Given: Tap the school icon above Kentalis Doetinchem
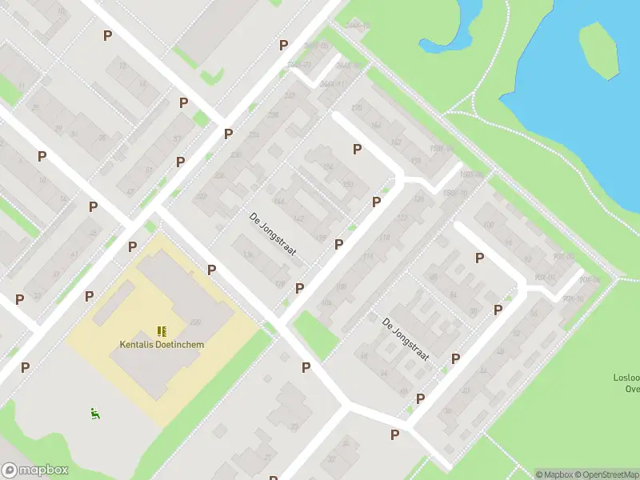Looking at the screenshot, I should point(162,330).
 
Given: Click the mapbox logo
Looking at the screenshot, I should point(35,470).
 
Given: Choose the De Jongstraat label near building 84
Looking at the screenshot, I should point(406,339).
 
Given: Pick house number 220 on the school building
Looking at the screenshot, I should point(195,322).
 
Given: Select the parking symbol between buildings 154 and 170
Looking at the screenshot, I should point(357,149).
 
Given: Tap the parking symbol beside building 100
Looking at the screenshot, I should point(479,258).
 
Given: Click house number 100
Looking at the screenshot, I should point(489,226).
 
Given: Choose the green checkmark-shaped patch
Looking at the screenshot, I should point(212,78).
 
